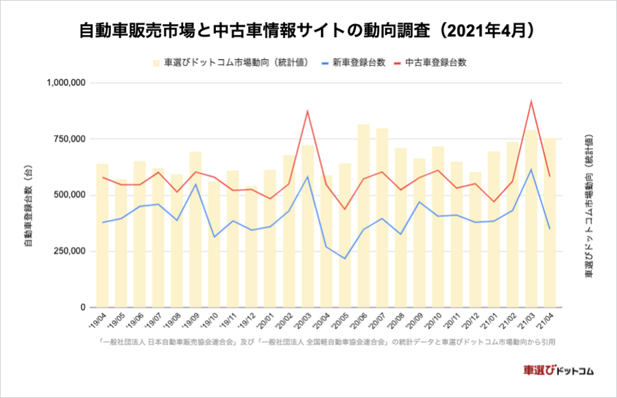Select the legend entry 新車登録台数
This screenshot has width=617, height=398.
[356, 62]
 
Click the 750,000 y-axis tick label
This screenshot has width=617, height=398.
[69, 139]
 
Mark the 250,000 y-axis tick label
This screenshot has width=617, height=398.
[69, 251]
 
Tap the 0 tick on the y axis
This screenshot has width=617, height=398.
[81, 307]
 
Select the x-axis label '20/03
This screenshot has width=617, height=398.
[306, 320]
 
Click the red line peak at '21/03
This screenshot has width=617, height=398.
[531, 102]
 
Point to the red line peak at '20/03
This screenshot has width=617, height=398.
[308, 111]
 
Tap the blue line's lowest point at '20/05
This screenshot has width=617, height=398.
[345, 259]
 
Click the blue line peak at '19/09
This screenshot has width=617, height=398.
[195, 184]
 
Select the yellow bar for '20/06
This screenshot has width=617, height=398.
[363, 220]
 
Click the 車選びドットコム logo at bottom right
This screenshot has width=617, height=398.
[558, 371]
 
